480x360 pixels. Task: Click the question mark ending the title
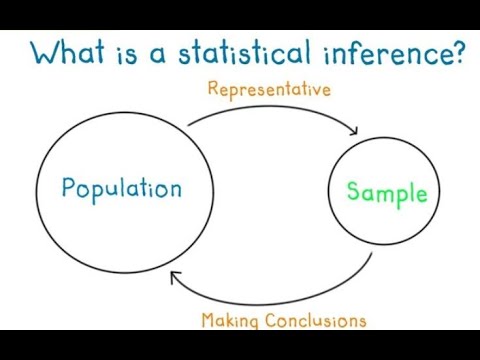pos(459,52)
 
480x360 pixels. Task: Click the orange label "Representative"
pos(269,90)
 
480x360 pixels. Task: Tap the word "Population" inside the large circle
pos(121,188)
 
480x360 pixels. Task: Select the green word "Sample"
pos(386,193)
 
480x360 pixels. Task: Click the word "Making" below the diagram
pos(229,321)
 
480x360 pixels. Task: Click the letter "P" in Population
pos(68,188)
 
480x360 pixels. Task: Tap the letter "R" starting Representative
pos(213,90)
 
